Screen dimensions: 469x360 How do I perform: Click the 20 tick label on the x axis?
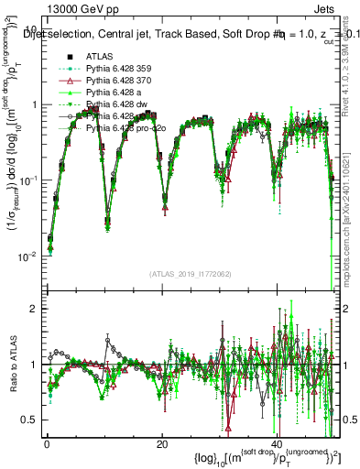161,443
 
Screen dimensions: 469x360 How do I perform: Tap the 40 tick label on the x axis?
277,443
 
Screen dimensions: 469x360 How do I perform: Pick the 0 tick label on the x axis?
47,443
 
